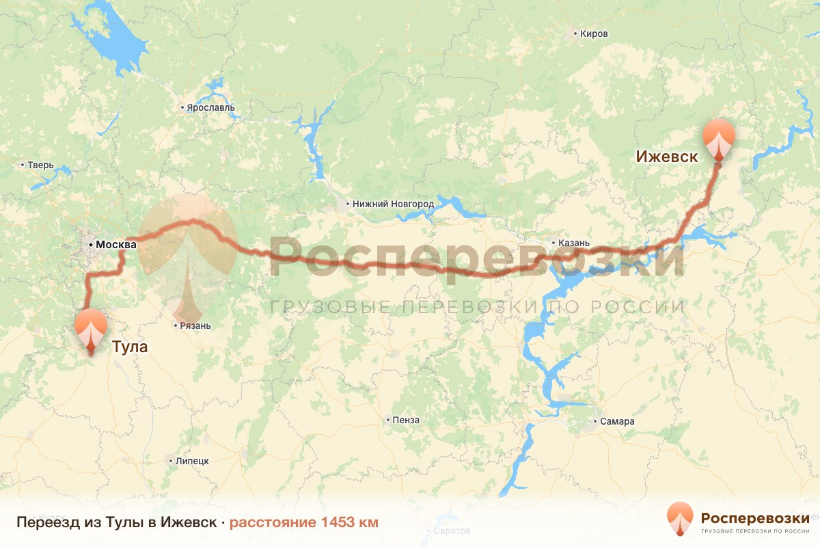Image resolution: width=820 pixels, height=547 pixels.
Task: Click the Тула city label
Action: click(130, 347)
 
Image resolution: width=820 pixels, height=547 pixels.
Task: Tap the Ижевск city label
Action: click(666, 157)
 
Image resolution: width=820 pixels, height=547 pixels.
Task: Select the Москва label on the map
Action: click(116, 244)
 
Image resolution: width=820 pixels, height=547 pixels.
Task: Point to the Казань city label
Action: click(569, 242)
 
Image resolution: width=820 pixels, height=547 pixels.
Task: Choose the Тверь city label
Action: click(36, 165)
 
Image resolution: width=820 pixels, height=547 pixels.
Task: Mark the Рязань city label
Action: click(195, 325)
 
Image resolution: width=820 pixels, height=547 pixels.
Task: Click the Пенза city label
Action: click(406, 420)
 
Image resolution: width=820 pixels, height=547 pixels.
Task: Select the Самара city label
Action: click(618, 421)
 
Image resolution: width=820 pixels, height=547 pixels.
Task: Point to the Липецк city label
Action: click(192, 461)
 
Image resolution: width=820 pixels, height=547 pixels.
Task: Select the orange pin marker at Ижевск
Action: click(719, 139)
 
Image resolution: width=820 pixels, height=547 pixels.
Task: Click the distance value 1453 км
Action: click(348, 522)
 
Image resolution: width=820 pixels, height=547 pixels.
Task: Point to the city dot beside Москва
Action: click(90, 244)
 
